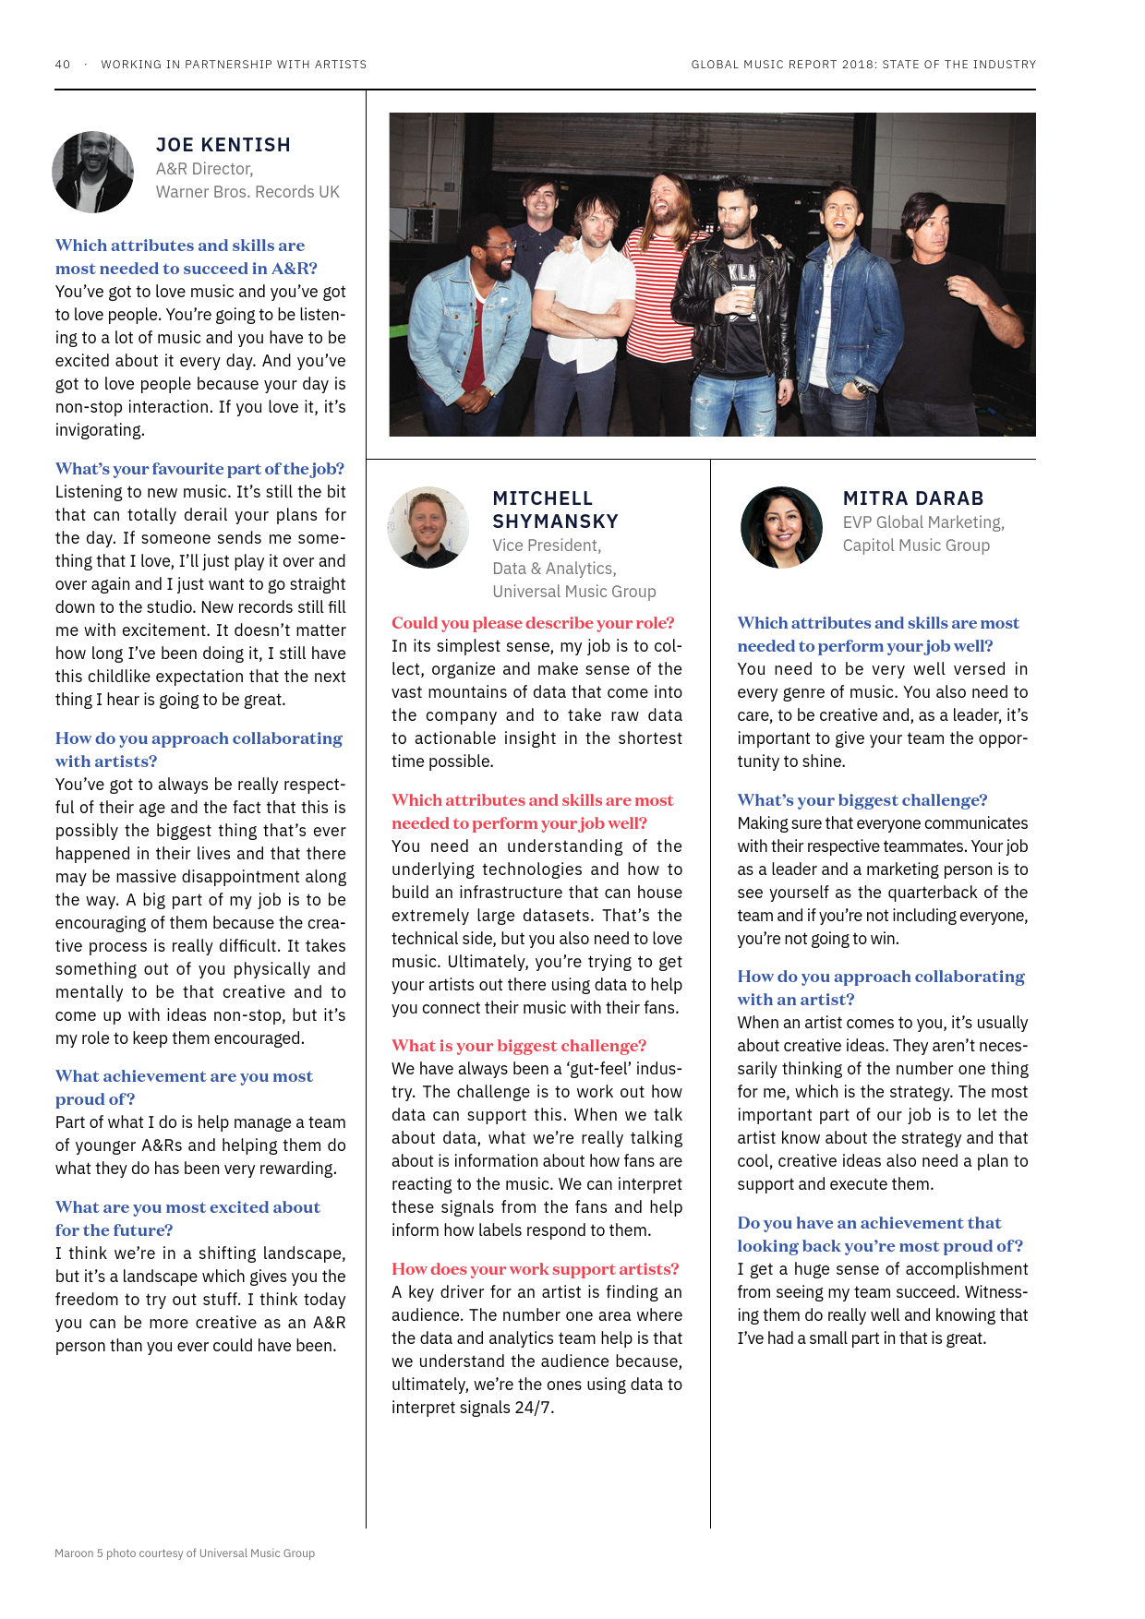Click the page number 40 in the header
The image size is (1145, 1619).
(x=63, y=65)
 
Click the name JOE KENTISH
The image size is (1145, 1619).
(x=223, y=145)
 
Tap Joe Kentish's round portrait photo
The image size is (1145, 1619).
(x=93, y=172)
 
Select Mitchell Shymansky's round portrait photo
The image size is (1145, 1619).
(x=428, y=527)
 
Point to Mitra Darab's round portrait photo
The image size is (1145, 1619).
(x=781, y=527)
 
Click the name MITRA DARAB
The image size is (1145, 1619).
(x=912, y=498)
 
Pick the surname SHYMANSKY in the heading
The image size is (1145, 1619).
(x=555, y=522)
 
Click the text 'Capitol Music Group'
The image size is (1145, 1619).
(x=915, y=546)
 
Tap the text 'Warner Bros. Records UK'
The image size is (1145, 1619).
(x=247, y=192)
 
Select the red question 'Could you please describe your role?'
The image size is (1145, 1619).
(x=533, y=623)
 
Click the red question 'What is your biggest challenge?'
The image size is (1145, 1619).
(x=518, y=1046)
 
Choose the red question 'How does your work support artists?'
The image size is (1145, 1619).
(x=535, y=1269)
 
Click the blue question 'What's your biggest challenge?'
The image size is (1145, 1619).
(x=862, y=800)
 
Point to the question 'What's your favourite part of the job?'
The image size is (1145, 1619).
(x=199, y=469)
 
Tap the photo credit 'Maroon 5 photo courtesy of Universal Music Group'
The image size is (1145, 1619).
(x=185, y=1553)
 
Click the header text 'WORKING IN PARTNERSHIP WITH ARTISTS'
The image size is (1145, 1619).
(x=234, y=65)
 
